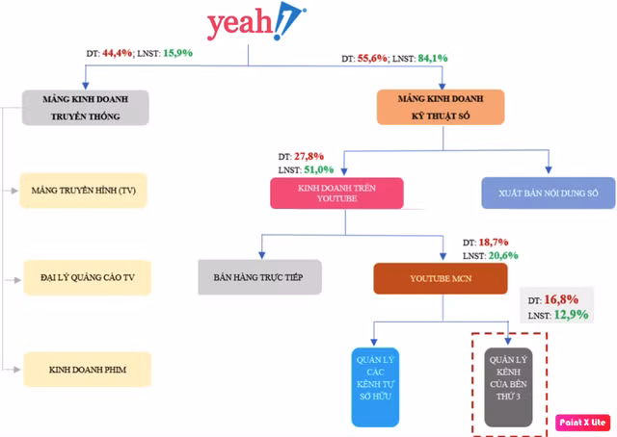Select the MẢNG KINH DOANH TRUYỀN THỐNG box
pyautogui.click(x=86, y=107)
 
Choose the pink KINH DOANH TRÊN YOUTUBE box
pyautogui.click(x=335, y=193)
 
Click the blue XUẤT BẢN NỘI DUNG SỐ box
pyautogui.click(x=549, y=193)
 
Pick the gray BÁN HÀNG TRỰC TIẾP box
pyautogui.click(x=258, y=276)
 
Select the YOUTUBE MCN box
pyautogui.click(x=441, y=277)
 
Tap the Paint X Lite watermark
pyautogui.click(x=582, y=422)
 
